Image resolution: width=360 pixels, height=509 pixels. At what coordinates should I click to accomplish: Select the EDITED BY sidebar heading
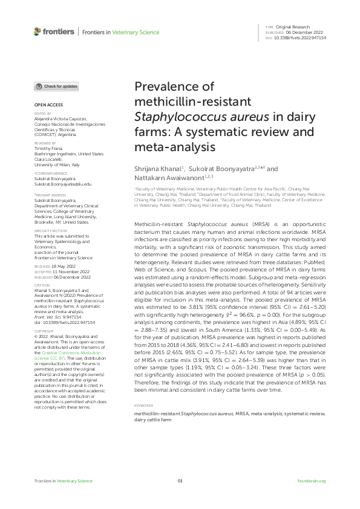[x=43, y=113]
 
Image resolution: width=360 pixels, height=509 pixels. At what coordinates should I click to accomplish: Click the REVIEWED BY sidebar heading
[x=45, y=143]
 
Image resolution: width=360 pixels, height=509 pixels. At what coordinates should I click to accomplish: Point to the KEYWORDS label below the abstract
[x=143, y=389]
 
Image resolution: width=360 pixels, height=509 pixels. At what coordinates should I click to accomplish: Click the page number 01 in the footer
[x=180, y=481]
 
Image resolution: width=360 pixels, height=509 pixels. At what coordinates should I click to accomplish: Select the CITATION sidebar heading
[x=42, y=285]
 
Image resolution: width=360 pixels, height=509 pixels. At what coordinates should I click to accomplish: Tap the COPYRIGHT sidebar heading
[x=44, y=331]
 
